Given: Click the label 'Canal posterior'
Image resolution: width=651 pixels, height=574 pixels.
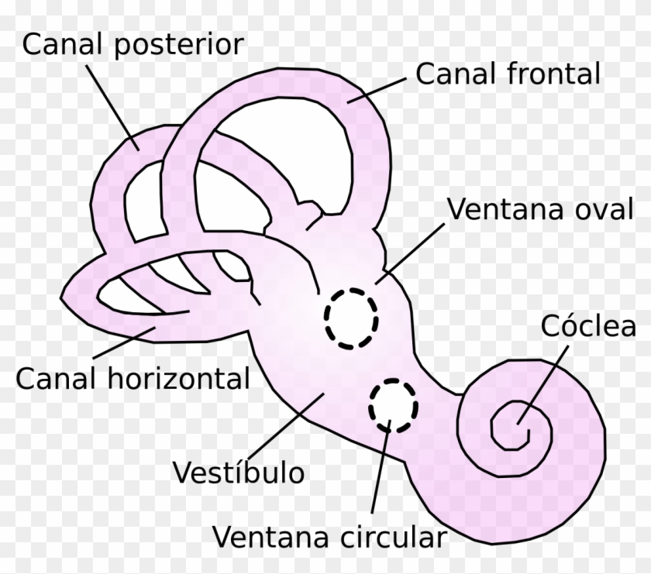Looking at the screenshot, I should (x=133, y=46).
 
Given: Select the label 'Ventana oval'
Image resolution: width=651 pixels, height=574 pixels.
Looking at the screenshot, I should (x=541, y=210).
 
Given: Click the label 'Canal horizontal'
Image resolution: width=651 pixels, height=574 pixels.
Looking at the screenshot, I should (x=133, y=379).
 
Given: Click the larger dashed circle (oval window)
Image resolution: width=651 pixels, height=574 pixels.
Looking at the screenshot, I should (x=351, y=317).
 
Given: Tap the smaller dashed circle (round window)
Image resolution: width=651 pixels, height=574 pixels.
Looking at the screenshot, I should (x=392, y=405).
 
